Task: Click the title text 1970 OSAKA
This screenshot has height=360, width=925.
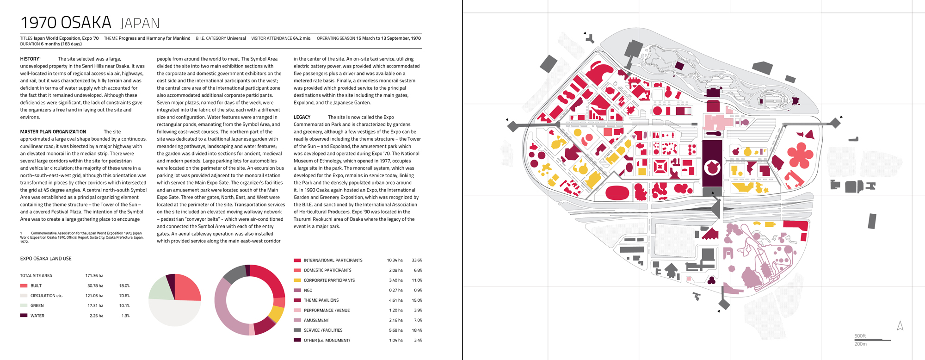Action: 66,23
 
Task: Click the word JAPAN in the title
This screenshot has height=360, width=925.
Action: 140,24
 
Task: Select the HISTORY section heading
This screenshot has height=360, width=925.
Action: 30,59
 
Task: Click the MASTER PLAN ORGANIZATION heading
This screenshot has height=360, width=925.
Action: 53,132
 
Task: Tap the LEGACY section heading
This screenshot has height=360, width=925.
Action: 302,117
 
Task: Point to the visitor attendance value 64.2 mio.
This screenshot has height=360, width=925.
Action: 302,38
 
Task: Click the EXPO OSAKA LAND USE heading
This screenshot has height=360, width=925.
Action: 46,259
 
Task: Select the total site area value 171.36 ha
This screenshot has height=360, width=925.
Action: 94,276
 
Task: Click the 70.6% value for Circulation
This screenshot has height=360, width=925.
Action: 124,296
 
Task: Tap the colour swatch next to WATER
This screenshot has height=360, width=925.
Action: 24,316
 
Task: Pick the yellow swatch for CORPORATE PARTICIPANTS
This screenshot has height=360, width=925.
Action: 297,280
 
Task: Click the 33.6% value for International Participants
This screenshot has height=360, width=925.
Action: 417,261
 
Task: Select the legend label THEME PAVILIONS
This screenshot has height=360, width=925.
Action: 321,300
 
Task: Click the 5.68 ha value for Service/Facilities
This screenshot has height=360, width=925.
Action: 395,330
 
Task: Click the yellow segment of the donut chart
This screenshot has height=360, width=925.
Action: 277,314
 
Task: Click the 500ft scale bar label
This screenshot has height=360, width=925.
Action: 860,336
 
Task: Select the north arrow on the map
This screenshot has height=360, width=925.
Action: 900,326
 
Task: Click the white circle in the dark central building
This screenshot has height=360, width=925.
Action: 712,168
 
